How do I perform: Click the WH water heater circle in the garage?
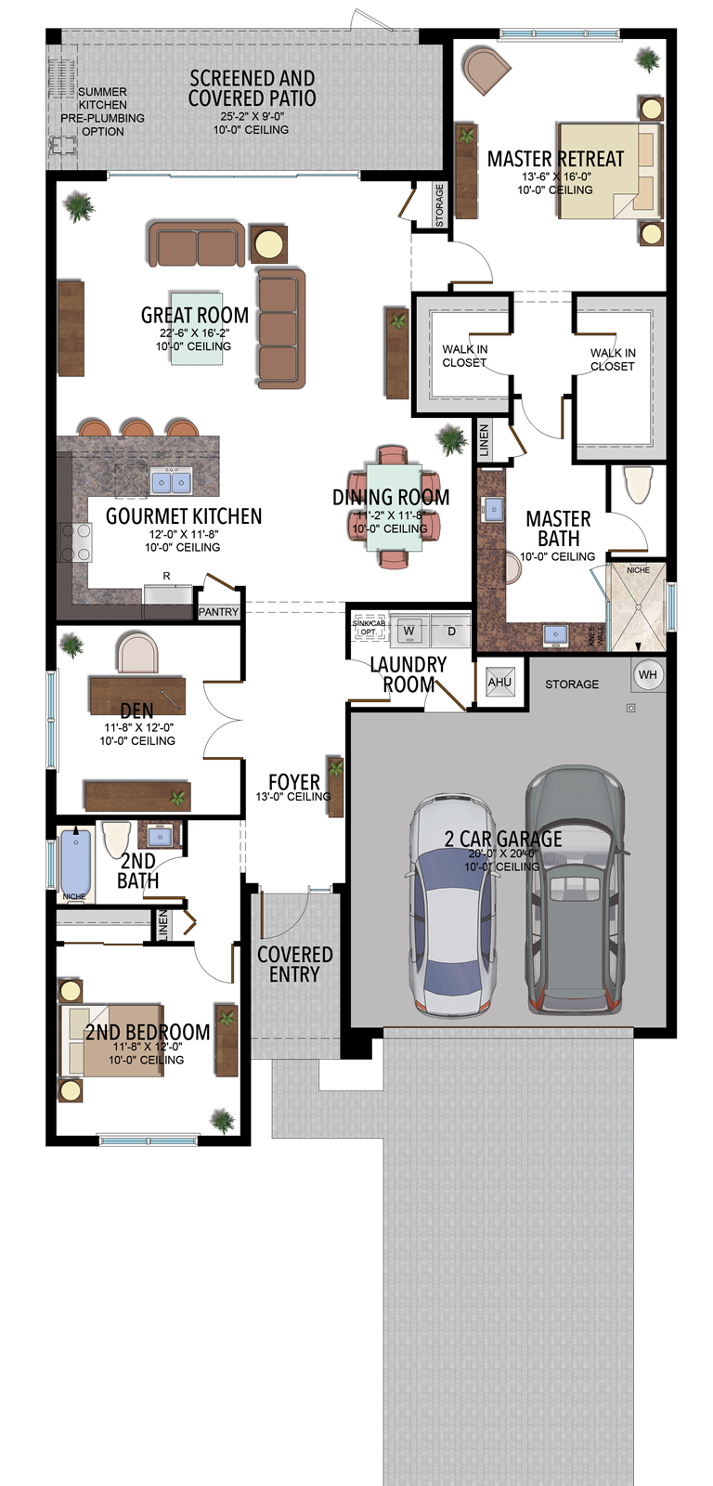pyautogui.click(x=648, y=674)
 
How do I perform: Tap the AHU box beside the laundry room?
pyautogui.click(x=499, y=683)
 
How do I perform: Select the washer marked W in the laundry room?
pyautogui.click(x=408, y=631)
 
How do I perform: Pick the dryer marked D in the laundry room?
pyautogui.click(x=452, y=631)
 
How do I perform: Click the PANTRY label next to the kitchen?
pyautogui.click(x=218, y=612)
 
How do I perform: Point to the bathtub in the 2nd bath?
pyautogui.click(x=75, y=861)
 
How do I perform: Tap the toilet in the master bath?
pyautogui.click(x=639, y=484)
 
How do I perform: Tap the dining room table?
pyautogui.click(x=394, y=507)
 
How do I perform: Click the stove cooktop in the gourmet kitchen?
pyautogui.click(x=75, y=542)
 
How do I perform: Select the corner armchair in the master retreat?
pyautogui.click(x=486, y=70)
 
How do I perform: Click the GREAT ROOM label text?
pyautogui.click(x=194, y=316)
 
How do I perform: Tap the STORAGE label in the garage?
pyautogui.click(x=572, y=684)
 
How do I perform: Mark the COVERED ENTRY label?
pyautogui.click(x=294, y=964)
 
